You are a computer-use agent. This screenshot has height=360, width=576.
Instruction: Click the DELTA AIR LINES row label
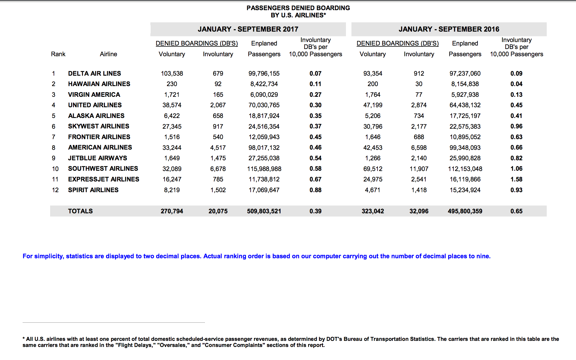coord(94,73)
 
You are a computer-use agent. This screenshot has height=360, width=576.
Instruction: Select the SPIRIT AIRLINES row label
coord(93,190)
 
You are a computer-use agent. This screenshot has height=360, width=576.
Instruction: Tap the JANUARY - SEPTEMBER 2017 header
coord(248,29)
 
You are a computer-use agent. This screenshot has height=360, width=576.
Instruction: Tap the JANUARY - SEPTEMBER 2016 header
coord(449,29)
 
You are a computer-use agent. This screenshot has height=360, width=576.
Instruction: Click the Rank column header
coord(58,54)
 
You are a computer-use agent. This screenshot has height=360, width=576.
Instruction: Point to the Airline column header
coord(108,54)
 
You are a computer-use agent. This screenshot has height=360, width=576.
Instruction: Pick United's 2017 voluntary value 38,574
coord(172,105)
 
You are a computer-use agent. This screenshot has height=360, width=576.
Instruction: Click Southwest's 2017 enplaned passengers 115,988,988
coord(264,169)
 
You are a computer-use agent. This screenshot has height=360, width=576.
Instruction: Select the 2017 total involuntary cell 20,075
coord(218,211)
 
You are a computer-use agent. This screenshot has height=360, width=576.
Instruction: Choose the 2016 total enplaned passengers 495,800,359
coord(465,211)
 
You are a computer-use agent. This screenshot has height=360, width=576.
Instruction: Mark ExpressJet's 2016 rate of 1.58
coord(516,179)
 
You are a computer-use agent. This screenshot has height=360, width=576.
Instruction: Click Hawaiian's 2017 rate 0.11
coord(315,84)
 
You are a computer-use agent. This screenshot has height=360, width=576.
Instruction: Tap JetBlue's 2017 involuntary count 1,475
coord(218,158)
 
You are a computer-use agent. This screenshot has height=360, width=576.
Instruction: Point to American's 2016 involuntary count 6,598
coord(419,148)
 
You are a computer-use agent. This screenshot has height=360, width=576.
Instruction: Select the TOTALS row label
coord(80,211)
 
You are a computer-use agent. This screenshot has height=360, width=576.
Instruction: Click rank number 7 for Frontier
coord(53,137)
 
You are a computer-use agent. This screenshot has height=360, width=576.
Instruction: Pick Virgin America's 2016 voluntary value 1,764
coord(373,94)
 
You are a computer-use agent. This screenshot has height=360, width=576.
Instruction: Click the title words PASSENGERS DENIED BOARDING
coord(298,8)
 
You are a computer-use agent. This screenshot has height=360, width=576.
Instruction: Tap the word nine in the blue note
coord(483,256)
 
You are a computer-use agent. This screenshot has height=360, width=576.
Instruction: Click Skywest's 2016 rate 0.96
coord(516,126)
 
